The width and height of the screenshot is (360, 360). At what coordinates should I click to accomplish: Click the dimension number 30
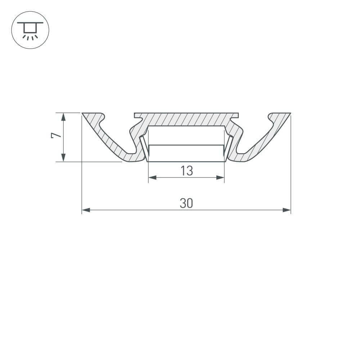coord(186,203)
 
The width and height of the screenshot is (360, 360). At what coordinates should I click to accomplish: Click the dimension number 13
coord(186,171)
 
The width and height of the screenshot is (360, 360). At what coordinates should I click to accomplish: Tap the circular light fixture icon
coord(30,30)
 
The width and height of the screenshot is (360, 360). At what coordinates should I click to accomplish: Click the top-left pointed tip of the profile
coord(83,114)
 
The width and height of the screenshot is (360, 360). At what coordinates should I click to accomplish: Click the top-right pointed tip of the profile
coord(289,114)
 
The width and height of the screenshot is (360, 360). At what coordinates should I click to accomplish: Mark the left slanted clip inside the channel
coord(144,148)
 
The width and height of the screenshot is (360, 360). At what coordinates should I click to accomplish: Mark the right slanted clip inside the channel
coord(229,148)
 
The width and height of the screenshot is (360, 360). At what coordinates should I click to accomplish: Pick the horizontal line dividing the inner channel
coord(186,145)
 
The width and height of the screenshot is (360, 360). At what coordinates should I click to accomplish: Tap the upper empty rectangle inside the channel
coord(186,135)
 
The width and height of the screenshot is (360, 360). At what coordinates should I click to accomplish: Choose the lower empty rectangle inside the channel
coord(186,153)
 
